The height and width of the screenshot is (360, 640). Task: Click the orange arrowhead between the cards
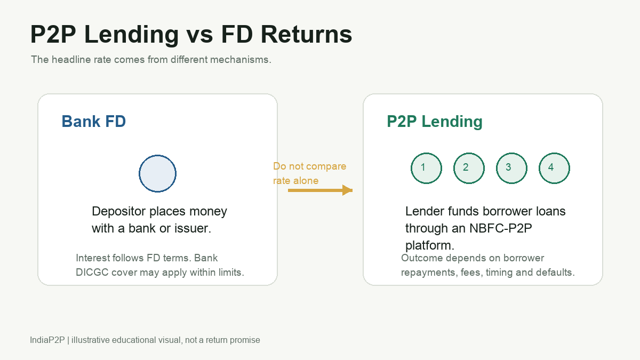(347, 190)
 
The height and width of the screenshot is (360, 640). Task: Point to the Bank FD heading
(94, 121)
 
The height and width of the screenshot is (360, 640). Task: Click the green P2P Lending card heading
(435, 122)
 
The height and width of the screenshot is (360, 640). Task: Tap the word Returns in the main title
(306, 34)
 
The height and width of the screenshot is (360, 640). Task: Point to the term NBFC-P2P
(501, 228)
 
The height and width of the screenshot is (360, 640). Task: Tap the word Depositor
(119, 212)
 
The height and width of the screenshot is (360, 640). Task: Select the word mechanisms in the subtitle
(241, 59)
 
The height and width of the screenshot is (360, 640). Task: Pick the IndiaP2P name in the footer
(47, 340)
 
